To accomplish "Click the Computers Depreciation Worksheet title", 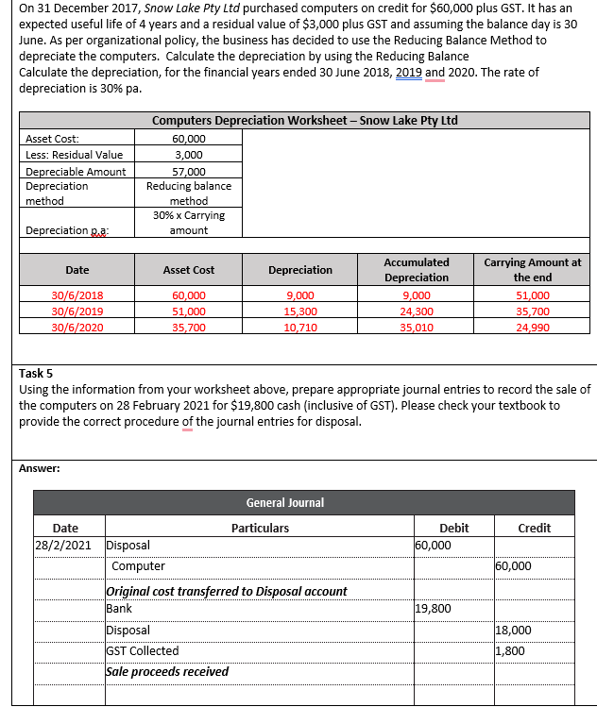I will pyautogui.click(x=304, y=121).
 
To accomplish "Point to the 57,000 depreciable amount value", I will pyautogui.click(x=189, y=172).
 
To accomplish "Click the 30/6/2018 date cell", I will pyautogui.click(x=77, y=295).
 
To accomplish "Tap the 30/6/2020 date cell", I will pyautogui.click(x=77, y=328).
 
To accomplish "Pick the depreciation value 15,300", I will pyautogui.click(x=300, y=311).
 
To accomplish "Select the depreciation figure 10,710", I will pyautogui.click(x=300, y=328).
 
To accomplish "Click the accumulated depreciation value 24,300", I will pyautogui.click(x=417, y=311).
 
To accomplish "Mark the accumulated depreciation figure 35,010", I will pyautogui.click(x=417, y=328).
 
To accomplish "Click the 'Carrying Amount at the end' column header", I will pyautogui.click(x=532, y=270).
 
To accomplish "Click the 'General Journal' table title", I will pyautogui.click(x=284, y=502).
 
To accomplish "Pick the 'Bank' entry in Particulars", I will pyautogui.click(x=119, y=609).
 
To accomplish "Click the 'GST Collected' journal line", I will pyautogui.click(x=142, y=650).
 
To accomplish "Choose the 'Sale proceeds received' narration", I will pyautogui.click(x=166, y=671).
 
